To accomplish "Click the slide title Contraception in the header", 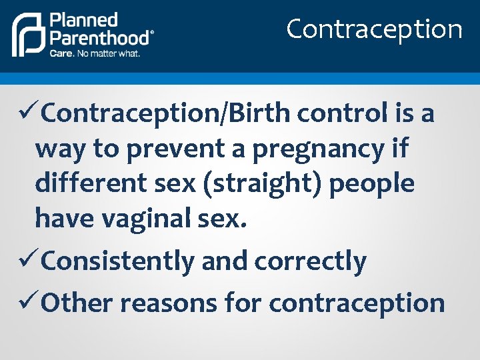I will pos(374,29).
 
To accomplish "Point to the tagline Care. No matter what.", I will pos(95,53).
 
